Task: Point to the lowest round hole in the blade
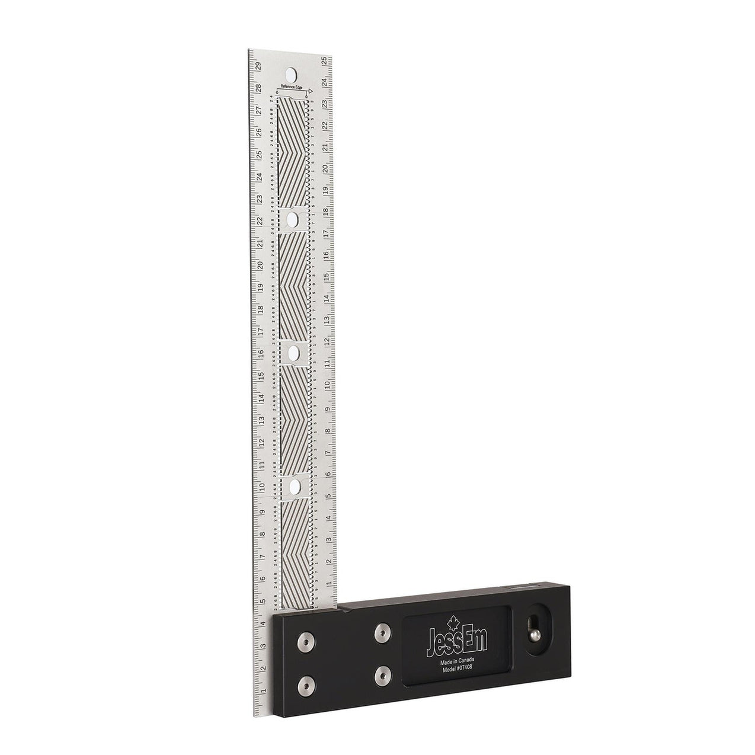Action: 293,487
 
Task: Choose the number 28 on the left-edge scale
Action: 259,88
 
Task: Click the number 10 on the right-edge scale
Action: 327,385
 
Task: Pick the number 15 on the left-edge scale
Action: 260,376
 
